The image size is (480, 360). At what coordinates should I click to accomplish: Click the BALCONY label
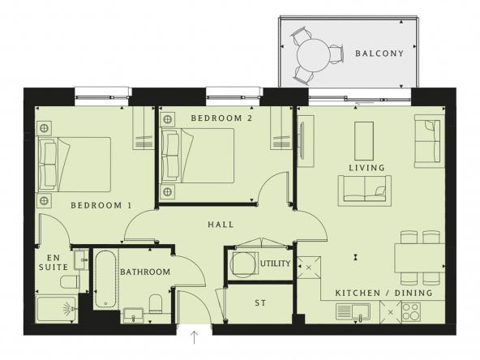pyautogui.click(x=379, y=54)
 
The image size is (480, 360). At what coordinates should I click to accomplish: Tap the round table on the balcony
pyautogui.click(x=314, y=55)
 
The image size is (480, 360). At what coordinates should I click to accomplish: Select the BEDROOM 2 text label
pyautogui.click(x=221, y=118)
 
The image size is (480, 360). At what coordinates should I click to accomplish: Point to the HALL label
pyautogui.click(x=221, y=225)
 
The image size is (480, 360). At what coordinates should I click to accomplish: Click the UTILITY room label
pyautogui.click(x=275, y=264)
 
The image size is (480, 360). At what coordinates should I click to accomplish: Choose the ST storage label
pyautogui.click(x=260, y=303)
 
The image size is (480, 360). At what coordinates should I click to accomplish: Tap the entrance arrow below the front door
pyautogui.click(x=195, y=337)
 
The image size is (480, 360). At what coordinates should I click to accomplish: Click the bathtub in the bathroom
pyautogui.click(x=105, y=280)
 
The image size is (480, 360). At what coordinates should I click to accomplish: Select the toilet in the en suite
pyautogui.click(x=70, y=282)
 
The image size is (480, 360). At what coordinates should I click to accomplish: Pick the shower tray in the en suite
pyautogui.click(x=56, y=310)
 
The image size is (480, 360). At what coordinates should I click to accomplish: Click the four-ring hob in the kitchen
pyautogui.click(x=411, y=312)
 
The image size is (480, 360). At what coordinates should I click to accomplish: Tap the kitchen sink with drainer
pyautogui.click(x=353, y=311)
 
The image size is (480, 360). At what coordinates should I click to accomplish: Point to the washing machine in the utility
pyautogui.click(x=243, y=264)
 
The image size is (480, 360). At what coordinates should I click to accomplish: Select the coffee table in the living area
pyautogui.click(x=364, y=141)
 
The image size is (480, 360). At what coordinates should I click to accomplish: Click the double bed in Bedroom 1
pyautogui.click(x=74, y=165)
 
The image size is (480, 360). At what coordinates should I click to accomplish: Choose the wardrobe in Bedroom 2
pyautogui.click(x=281, y=128)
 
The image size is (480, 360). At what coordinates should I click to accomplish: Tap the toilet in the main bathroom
pyautogui.click(x=155, y=304)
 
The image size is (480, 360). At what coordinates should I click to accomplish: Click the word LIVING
pyautogui.click(x=366, y=168)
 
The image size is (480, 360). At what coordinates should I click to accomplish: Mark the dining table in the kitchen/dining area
pyautogui.click(x=420, y=258)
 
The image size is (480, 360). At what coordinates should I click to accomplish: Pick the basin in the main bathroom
pyautogui.click(x=133, y=315)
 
